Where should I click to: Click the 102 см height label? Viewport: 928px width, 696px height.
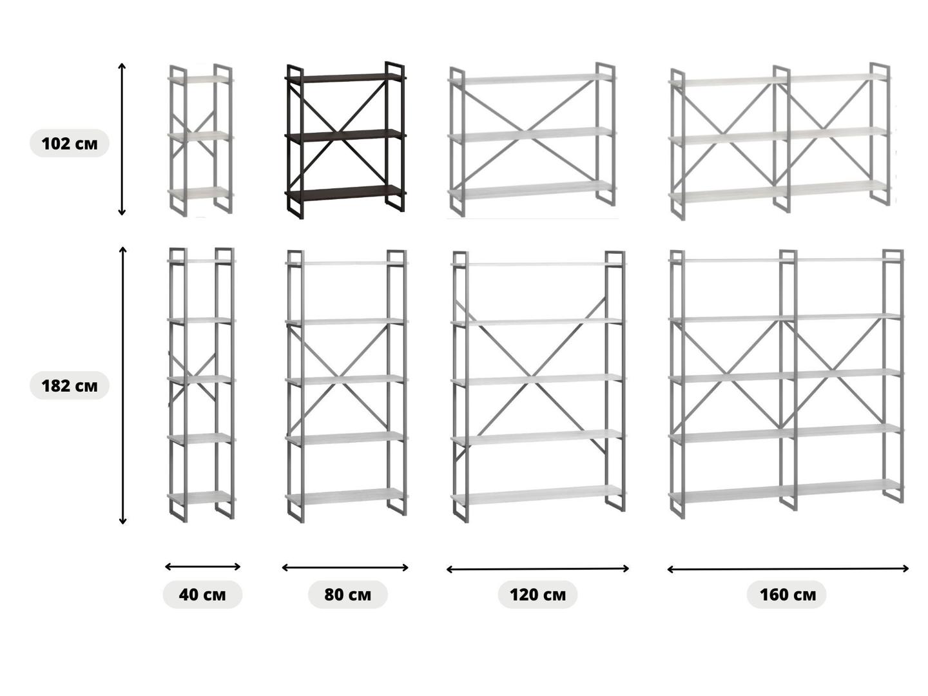[70, 143]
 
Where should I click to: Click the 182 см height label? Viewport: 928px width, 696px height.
[70, 386]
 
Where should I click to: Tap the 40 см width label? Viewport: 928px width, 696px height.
[202, 594]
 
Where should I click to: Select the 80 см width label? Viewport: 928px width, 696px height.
[347, 594]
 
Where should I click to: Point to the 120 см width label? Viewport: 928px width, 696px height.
[537, 594]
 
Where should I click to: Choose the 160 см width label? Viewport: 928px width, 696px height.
[787, 594]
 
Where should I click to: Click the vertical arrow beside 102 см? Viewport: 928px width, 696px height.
[122, 139]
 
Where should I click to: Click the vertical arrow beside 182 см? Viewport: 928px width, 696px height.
[122, 385]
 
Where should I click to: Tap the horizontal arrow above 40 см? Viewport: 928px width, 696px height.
[202, 566]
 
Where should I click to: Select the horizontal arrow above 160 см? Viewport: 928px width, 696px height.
[788, 568]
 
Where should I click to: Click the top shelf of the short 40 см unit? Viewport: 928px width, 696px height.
[200, 79]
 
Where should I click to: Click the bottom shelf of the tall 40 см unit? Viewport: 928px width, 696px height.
[200, 497]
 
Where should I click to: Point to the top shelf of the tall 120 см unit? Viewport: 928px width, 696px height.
[537, 264]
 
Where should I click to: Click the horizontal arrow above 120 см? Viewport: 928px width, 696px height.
[537, 568]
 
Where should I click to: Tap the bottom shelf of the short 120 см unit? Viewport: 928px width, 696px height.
[531, 190]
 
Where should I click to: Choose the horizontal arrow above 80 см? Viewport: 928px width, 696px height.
[345, 567]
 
